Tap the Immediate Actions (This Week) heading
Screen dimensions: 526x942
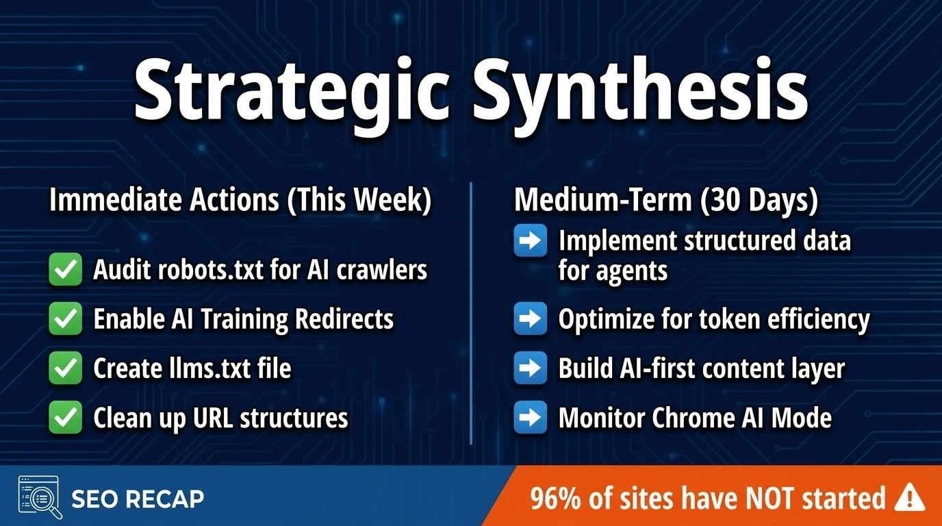tap(240, 201)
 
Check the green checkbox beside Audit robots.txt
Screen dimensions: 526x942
tap(66, 270)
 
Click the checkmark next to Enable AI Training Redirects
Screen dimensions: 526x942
tap(66, 319)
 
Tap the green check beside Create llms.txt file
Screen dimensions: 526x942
tap(66, 368)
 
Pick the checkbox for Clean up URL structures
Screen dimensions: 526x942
tap(66, 418)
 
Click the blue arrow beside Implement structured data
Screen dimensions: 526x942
tap(531, 241)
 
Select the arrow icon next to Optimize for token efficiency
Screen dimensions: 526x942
tap(531, 318)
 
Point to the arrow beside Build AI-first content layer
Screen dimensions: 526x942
tap(531, 368)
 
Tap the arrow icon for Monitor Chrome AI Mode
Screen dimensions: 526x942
tap(531, 418)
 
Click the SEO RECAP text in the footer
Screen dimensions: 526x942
tap(138, 499)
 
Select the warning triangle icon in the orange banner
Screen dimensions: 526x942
tap(909, 497)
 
